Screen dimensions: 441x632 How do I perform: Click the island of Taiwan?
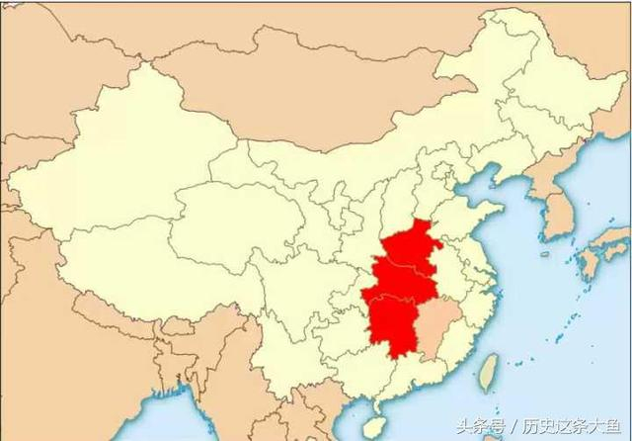pyautogui.click(x=487, y=371)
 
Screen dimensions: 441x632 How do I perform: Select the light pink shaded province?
pyautogui.click(x=434, y=331)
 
